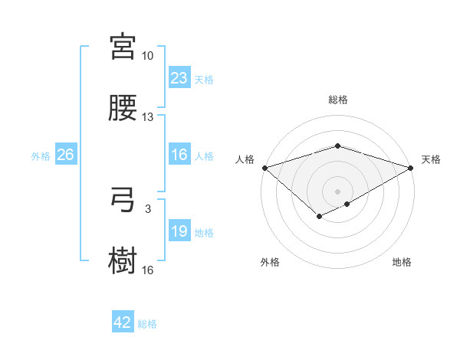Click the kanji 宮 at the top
coord(123,47)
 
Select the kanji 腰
coord(123,108)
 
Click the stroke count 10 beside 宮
coord(147,57)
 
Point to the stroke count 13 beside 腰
coord(147,117)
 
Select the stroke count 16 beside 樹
coord(147,270)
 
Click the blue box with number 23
coord(179,78)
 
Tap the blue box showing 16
coord(179,155)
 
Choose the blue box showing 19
coord(179,231)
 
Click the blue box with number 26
coord(65,155)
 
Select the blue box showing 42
coord(123,322)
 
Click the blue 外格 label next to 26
coord(41,155)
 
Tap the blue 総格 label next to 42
coord(147,324)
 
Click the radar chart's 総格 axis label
coord(337,100)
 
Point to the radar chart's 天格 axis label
coord(431,159)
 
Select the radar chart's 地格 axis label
coord(402,262)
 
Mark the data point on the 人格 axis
coord(264,168)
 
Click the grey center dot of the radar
coord(337,191)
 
